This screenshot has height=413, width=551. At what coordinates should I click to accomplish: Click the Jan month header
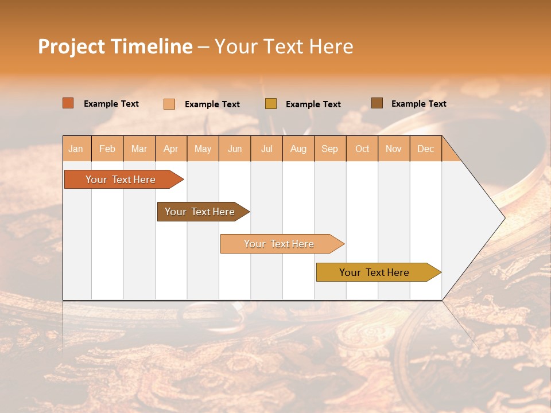76,149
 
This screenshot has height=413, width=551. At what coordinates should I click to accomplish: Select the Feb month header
107,149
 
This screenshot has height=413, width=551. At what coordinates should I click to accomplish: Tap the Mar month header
139,149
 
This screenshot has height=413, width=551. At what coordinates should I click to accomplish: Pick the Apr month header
171,149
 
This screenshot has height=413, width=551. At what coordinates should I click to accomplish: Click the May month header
203,149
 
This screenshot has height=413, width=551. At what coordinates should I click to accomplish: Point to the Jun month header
235,149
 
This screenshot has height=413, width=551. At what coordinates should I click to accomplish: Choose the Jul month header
266,149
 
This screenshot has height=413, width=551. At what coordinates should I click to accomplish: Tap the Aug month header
298,149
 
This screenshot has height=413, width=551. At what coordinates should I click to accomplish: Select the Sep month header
329,149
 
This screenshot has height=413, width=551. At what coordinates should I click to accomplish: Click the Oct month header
362,149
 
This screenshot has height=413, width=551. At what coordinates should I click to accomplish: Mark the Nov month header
394,149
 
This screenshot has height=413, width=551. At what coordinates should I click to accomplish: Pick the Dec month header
426,149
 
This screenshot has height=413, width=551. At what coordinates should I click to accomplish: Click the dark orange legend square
68,103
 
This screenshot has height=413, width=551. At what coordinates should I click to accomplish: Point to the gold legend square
271,104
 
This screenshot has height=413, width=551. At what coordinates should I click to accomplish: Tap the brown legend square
377,103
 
